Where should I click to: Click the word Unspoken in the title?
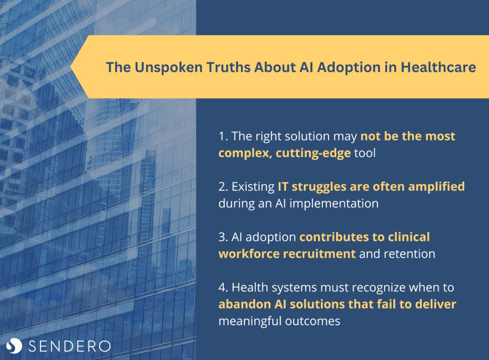169,68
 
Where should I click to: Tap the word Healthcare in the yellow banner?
438,67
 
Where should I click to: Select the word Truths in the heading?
229,67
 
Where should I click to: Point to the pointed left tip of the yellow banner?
71,67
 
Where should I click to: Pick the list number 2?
223,187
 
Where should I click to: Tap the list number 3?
223,237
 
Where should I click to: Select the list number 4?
223,287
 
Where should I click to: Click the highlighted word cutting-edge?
313,153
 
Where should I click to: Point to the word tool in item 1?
365,153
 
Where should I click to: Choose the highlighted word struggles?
319,187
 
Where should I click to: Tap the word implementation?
334,204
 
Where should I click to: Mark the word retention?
409,254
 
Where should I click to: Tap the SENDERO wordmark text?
70,346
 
